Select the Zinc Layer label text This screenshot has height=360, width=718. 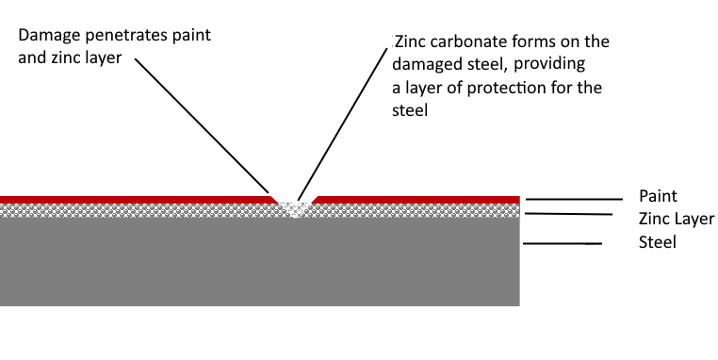coord(676,220)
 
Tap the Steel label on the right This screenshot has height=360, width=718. coord(658,242)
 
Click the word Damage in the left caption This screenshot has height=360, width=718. coord(44,35)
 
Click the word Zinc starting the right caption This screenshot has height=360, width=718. coord(411,42)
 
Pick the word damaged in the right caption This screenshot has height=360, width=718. coord(426,65)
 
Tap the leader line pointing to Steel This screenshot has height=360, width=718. coord(563,245)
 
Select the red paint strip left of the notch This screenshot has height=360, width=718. coord(132,199)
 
